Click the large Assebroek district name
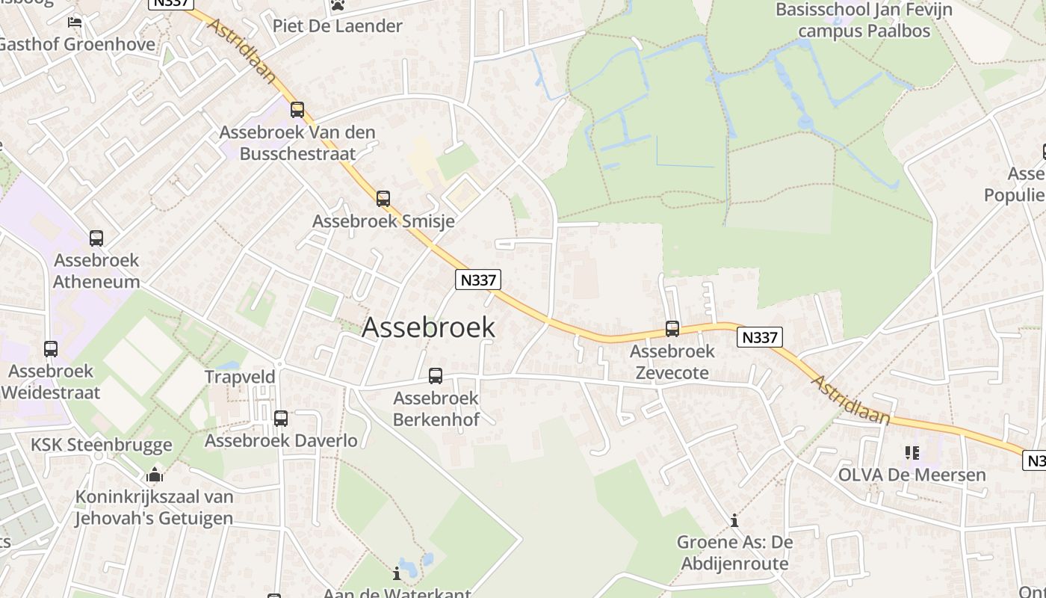click(428, 327)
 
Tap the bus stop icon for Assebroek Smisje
click(383, 199)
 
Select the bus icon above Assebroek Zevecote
click(672, 328)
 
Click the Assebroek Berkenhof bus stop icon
click(436, 376)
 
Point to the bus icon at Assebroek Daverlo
click(281, 419)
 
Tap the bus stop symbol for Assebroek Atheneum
click(96, 238)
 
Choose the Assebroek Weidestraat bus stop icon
click(51, 349)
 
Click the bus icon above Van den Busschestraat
click(297, 110)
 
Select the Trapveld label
click(241, 377)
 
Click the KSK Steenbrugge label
click(101, 445)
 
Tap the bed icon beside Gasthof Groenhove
click(75, 22)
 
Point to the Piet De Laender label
click(337, 26)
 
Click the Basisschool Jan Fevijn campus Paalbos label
click(864, 20)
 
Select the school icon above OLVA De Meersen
click(912, 453)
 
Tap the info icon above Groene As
click(734, 520)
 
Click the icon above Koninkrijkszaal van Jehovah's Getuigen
click(155, 475)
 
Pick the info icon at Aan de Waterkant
click(397, 574)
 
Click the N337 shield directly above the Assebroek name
click(478, 280)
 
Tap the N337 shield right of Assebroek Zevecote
click(760, 337)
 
